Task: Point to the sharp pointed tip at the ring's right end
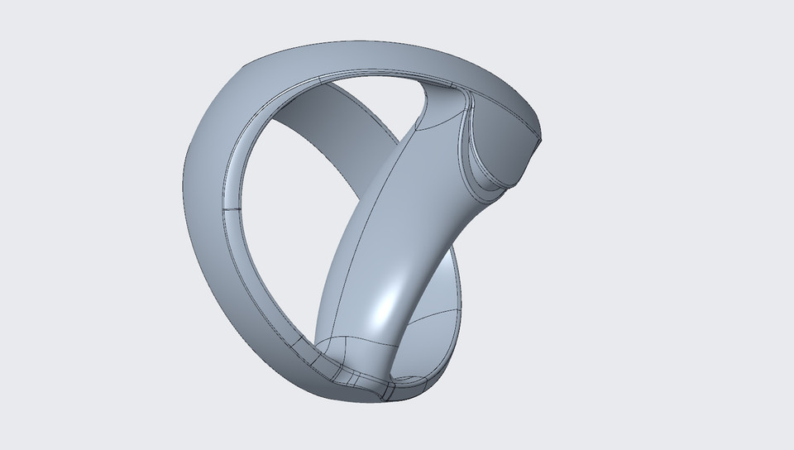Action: [x=542, y=142]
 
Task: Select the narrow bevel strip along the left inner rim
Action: [x=227, y=240]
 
